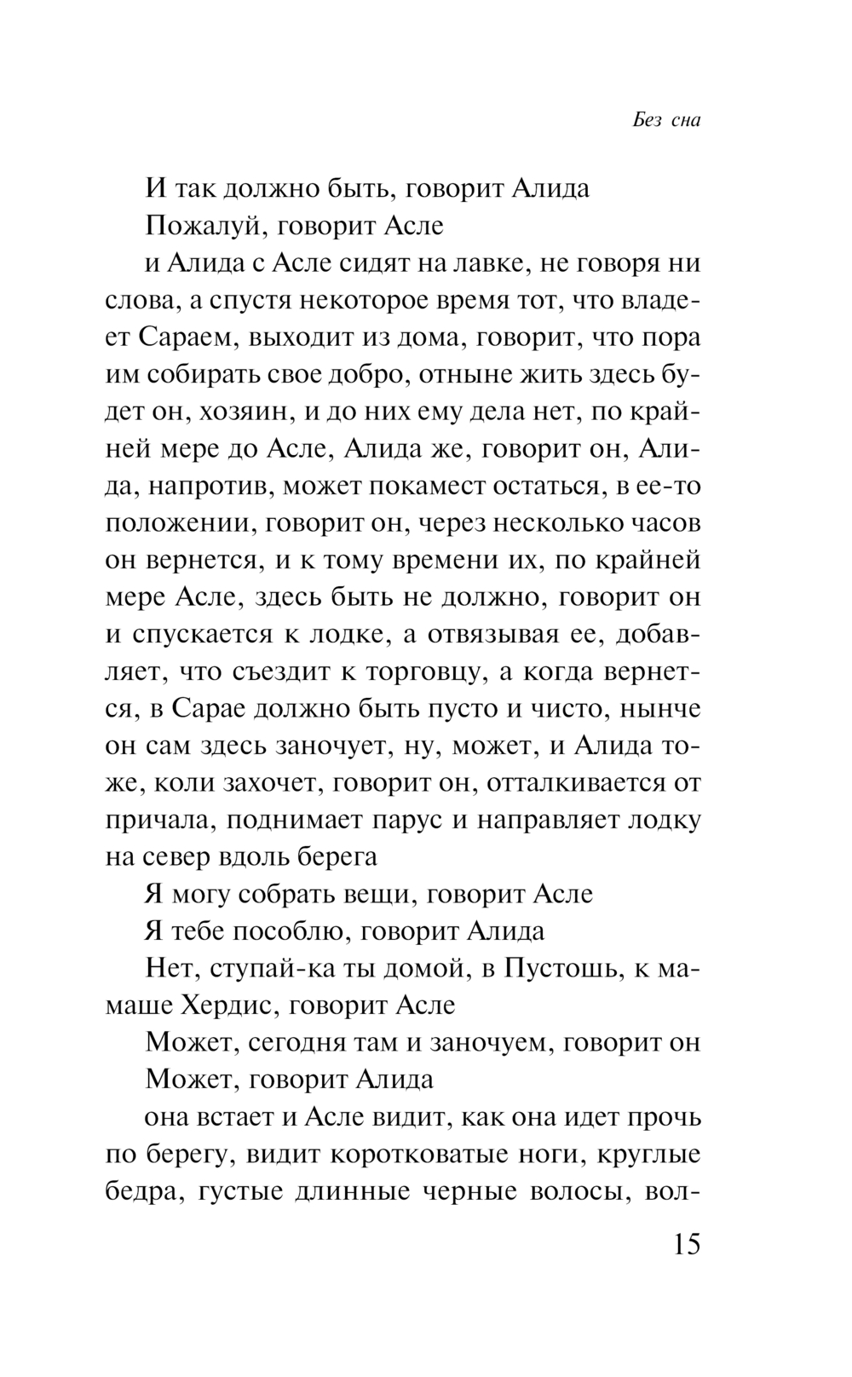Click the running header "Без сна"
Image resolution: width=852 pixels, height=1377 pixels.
[666, 120]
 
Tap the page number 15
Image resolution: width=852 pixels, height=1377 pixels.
[686, 1245]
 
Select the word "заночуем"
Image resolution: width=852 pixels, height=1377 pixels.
[480, 1043]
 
